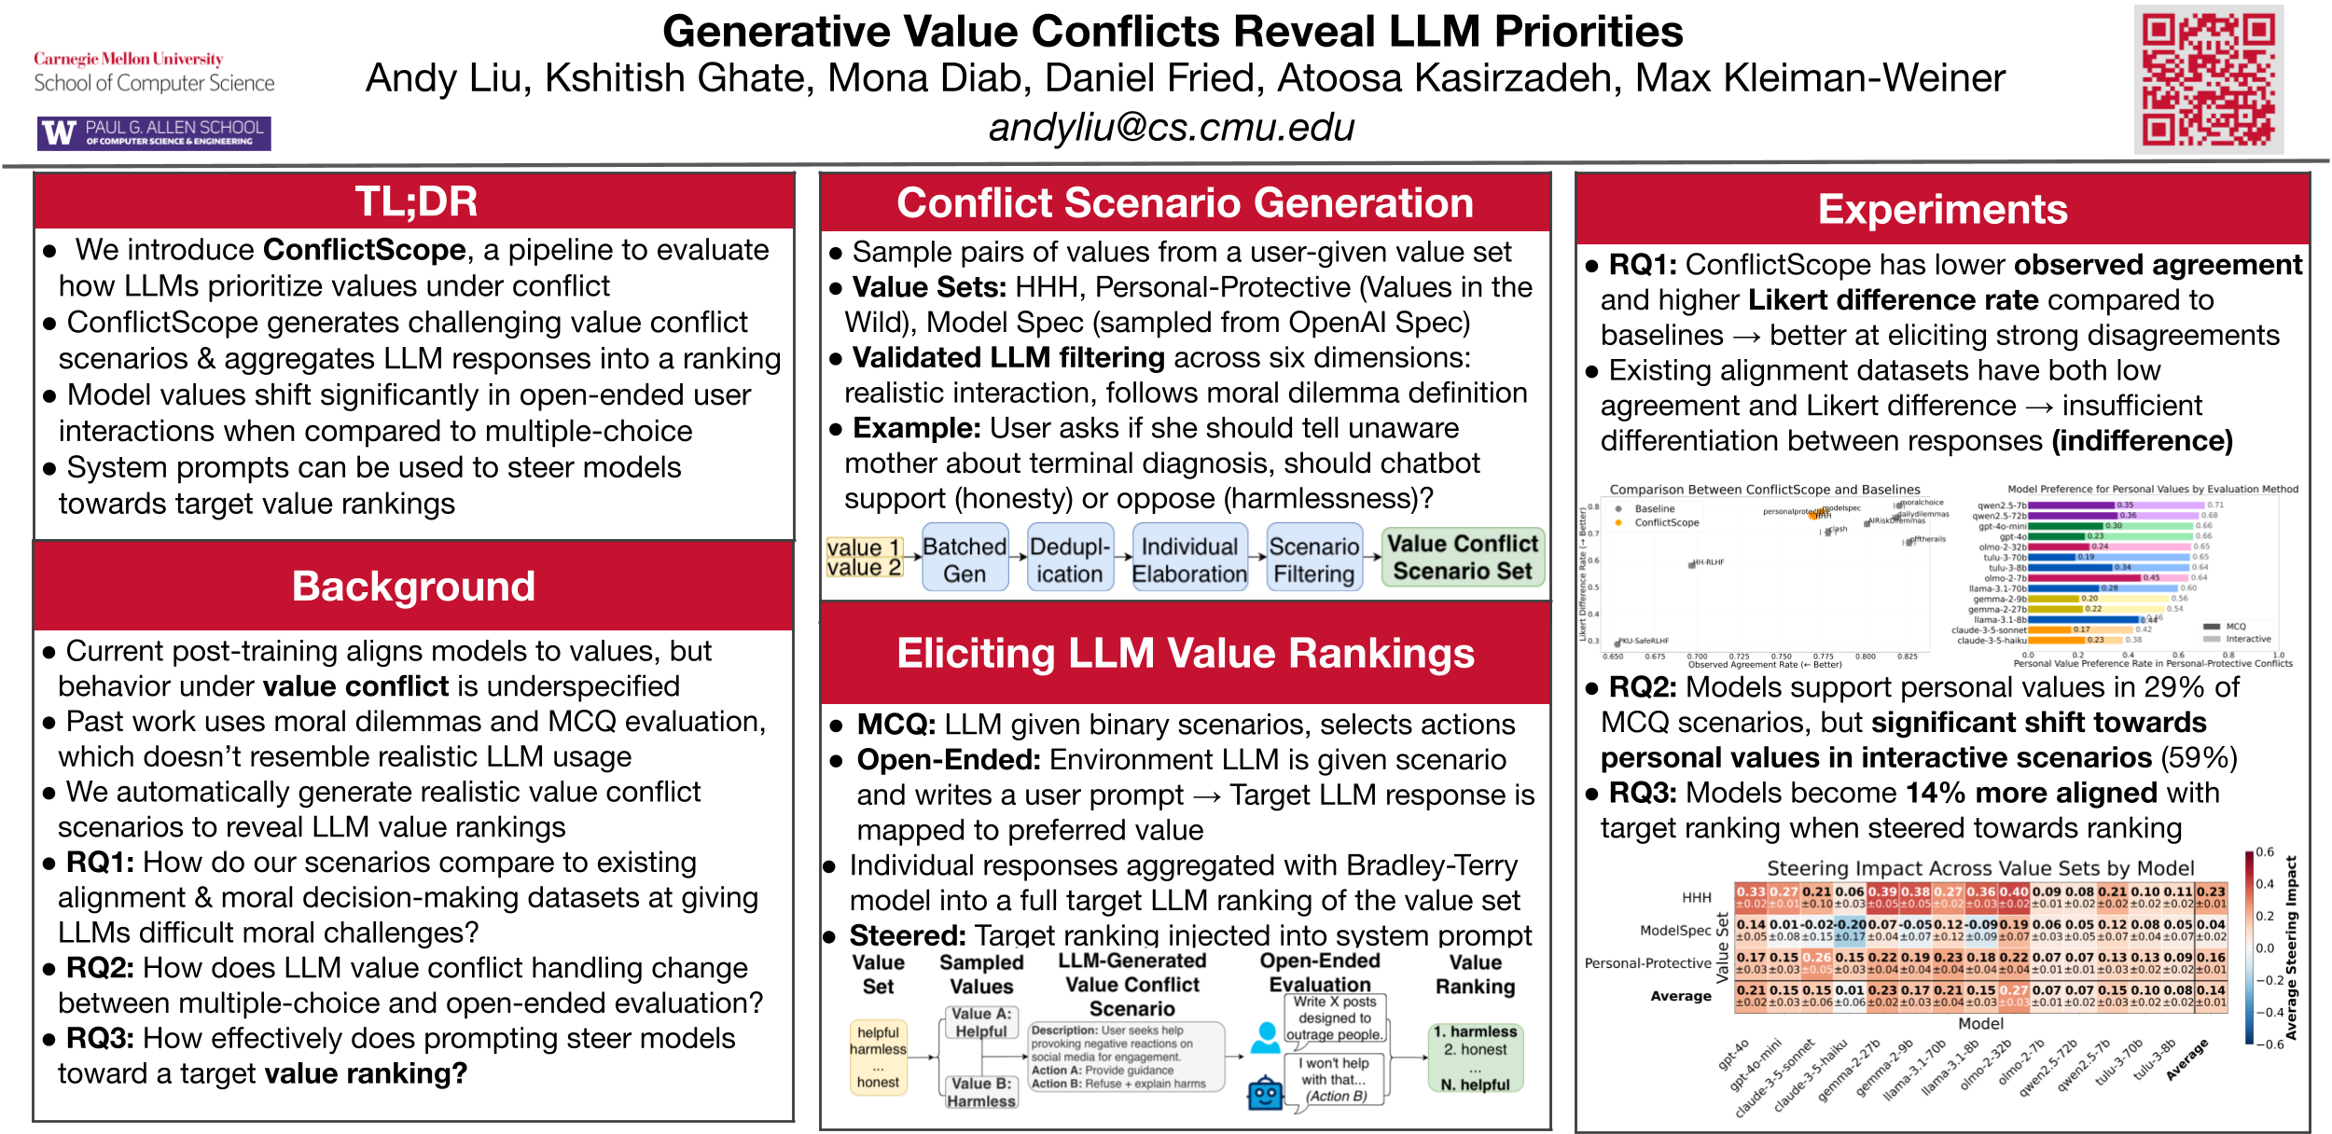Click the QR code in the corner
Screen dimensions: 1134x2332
point(2208,80)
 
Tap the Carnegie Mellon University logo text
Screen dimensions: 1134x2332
point(129,59)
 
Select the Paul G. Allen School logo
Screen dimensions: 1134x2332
point(155,133)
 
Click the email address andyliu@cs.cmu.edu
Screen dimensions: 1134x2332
point(1172,128)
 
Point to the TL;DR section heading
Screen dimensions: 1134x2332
point(416,201)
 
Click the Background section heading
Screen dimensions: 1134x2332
point(413,587)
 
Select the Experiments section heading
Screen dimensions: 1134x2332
point(1942,210)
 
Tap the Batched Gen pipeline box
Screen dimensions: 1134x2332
point(965,560)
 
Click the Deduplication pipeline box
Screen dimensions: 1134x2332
point(1070,560)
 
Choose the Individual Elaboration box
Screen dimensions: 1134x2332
point(1189,560)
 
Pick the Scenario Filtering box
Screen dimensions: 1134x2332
point(1314,560)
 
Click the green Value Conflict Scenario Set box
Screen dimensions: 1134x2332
point(1463,557)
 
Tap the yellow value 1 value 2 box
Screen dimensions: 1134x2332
point(864,557)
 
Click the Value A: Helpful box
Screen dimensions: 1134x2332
point(981,1022)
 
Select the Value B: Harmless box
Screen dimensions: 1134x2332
point(981,1092)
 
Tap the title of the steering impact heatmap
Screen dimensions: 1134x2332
point(1980,868)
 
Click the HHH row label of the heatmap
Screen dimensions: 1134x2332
point(1697,897)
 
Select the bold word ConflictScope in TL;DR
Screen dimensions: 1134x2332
point(365,250)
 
